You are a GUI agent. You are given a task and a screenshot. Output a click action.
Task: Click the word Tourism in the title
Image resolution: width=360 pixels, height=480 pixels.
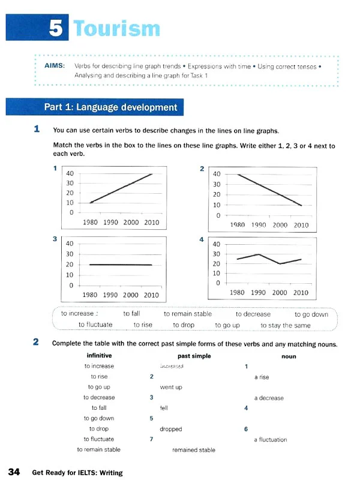(116, 28)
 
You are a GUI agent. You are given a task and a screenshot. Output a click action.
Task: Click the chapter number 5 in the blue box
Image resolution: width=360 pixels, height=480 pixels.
(56, 28)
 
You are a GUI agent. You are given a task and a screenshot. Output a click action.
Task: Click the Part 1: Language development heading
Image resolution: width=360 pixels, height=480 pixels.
(110, 107)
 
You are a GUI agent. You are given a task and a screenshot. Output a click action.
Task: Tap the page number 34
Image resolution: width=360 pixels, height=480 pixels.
(14, 472)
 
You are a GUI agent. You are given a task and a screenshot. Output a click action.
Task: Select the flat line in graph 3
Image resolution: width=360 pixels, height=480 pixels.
(120, 265)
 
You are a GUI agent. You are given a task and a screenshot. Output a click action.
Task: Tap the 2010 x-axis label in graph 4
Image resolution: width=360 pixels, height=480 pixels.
(301, 293)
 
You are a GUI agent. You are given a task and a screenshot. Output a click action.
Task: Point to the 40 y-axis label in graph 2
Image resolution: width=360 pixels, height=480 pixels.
(217, 175)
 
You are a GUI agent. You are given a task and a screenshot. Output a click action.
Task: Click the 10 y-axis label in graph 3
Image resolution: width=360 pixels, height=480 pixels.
(70, 275)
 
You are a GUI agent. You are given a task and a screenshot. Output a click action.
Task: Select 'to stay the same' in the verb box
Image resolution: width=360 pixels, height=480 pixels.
(286, 325)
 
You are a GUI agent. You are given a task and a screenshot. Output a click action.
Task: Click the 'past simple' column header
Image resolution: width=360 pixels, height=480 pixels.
(194, 356)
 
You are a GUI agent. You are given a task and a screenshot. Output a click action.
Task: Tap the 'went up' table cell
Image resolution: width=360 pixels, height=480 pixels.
(171, 387)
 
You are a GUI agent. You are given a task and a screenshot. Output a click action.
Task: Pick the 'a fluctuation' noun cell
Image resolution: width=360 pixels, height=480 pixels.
(271, 439)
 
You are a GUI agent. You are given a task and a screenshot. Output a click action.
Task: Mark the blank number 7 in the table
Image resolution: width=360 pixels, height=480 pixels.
(151, 439)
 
